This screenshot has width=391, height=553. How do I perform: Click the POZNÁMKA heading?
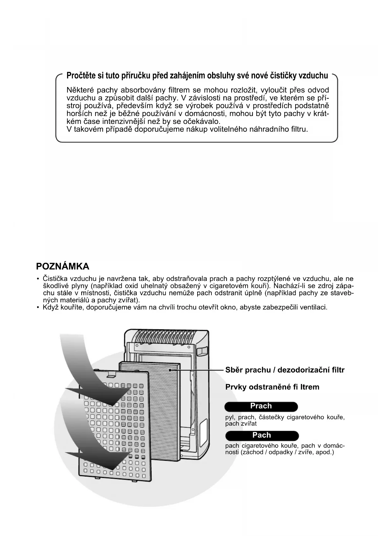(63, 266)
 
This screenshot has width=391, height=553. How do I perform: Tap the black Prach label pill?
(261, 406)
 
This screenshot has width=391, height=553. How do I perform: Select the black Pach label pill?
(262, 435)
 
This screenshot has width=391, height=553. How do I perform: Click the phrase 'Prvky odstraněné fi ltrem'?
(272, 387)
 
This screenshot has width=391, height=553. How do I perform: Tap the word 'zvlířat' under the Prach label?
(249, 424)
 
